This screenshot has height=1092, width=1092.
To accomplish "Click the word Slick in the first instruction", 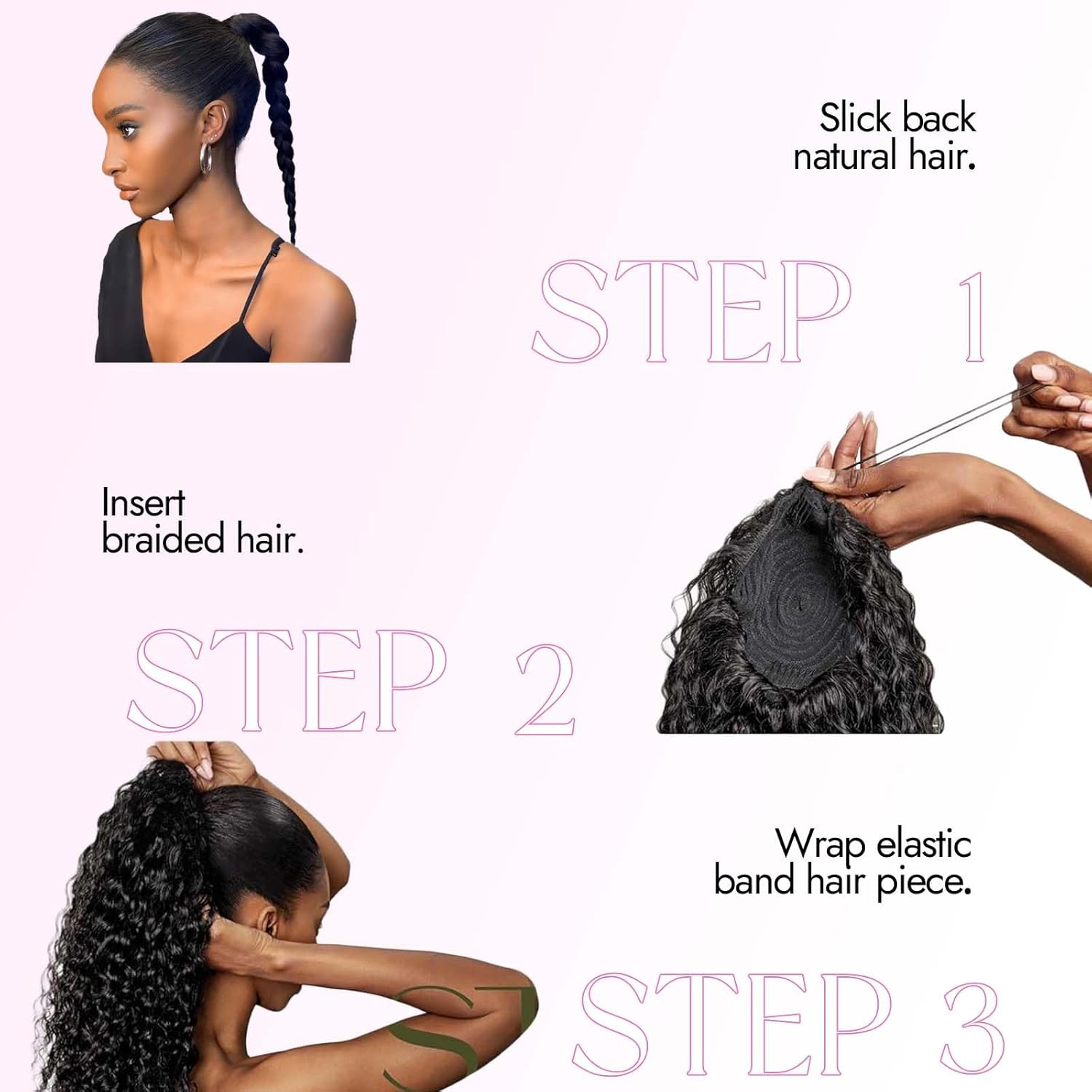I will [x=855, y=118].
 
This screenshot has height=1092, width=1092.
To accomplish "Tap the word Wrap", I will [x=820, y=845].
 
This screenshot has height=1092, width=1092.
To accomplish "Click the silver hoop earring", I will [x=206, y=159].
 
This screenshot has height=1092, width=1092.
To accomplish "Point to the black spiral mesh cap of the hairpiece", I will [x=801, y=604].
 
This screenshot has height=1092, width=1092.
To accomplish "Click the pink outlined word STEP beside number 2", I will [x=287, y=681].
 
